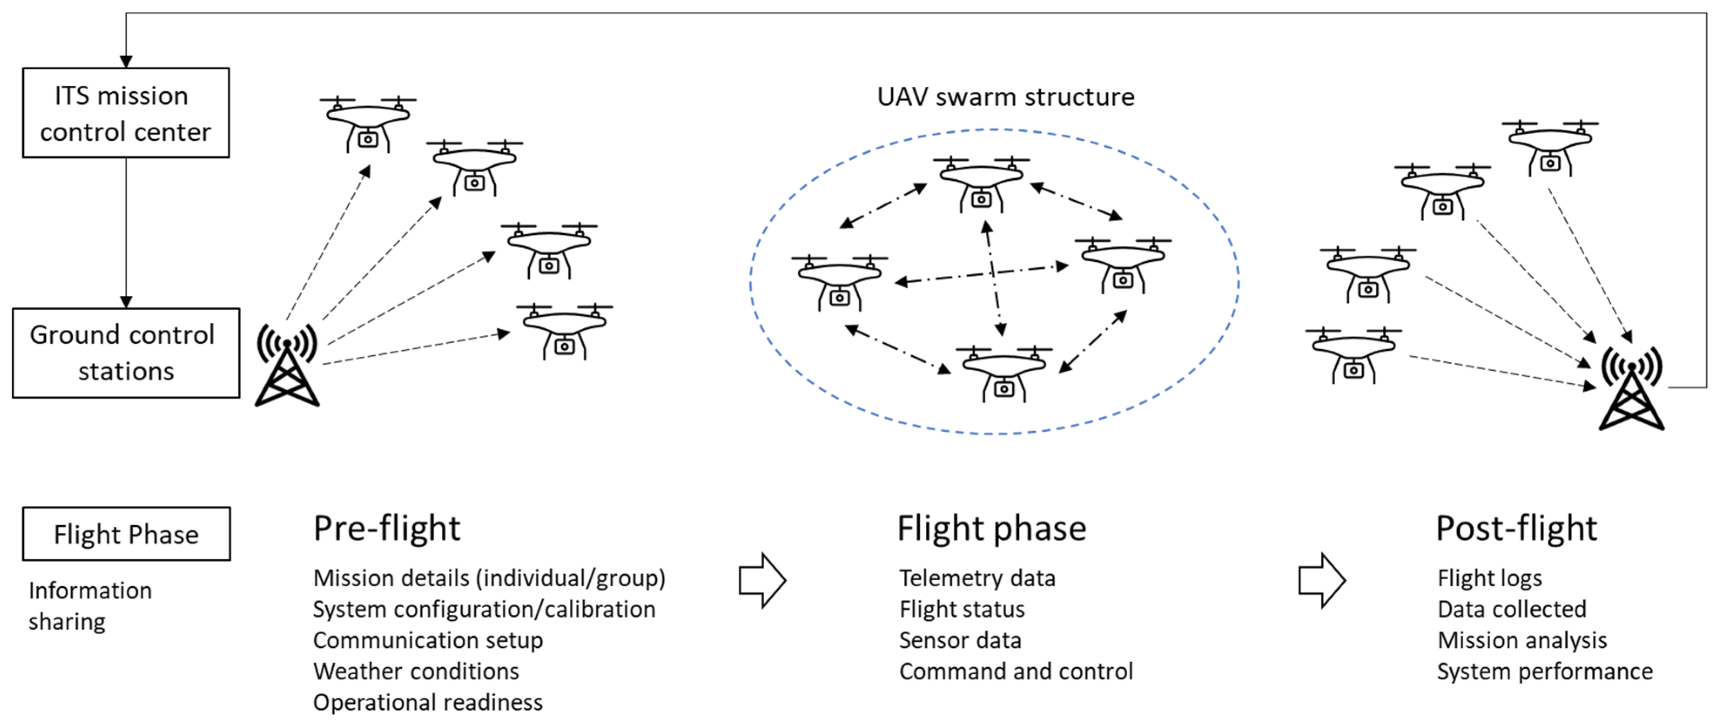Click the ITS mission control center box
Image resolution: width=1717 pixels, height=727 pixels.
(126, 113)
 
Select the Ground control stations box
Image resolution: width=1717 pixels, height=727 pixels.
(126, 353)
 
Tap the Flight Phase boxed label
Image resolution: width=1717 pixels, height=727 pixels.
(126, 534)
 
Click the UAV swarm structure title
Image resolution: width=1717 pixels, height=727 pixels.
(1005, 97)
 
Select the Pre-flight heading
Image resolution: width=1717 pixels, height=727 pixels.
(386, 528)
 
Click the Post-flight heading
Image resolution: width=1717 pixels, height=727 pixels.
(1516, 528)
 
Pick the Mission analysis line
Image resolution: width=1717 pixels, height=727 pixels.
(1522, 640)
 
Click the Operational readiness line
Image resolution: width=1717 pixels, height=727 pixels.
(428, 702)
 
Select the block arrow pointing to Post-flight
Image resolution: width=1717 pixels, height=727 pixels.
(1322, 580)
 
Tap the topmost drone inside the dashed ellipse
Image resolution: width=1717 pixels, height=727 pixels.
(981, 183)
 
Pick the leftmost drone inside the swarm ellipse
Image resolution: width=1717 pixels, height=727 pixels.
(839, 281)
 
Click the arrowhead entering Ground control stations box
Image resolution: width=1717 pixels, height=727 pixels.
(126, 301)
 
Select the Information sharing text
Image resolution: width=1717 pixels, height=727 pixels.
(90, 605)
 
